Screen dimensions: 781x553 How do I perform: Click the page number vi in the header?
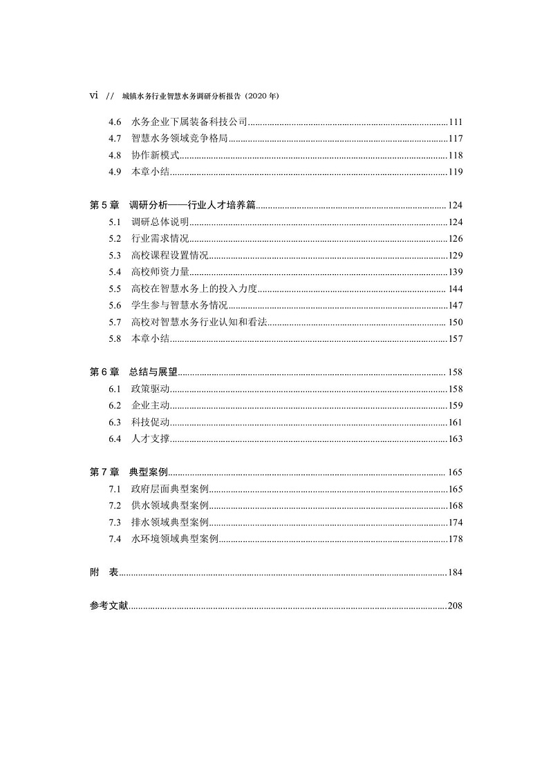95,96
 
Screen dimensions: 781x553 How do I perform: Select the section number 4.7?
115,139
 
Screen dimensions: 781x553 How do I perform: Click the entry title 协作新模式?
151,155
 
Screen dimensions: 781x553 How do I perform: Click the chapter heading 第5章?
105,205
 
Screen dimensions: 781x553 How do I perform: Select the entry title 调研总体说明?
160,222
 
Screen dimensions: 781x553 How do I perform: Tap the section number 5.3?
115,255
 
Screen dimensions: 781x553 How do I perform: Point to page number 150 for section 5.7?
455,322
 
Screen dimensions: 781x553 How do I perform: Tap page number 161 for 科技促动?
455,422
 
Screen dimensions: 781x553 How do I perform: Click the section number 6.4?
115,438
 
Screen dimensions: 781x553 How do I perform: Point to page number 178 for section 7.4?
455,539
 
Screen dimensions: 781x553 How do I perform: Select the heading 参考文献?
109,606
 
